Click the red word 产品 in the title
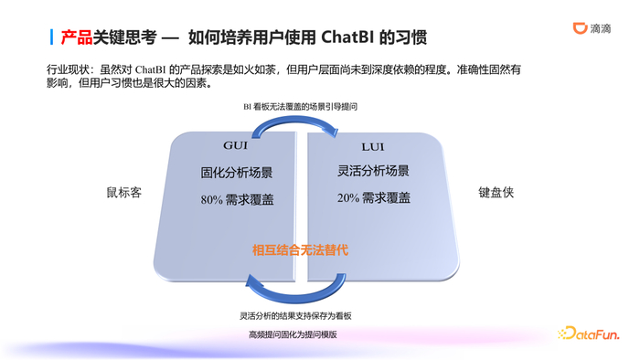pyautogui.click(x=76, y=37)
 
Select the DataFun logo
pyautogui.click(x=592, y=334)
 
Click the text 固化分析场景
pyautogui.click(x=234, y=172)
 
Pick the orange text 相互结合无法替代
pyautogui.click(x=301, y=249)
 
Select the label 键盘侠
pyautogui.click(x=496, y=194)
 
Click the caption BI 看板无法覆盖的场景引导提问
pyautogui.click(x=300, y=107)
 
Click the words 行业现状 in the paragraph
pyautogui.click(x=63, y=69)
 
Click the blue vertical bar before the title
pyautogui.click(x=50, y=37)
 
